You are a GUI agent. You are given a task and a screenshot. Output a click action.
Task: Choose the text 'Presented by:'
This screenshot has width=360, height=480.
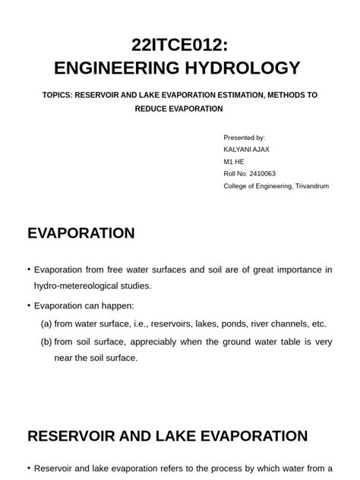coord(244,137)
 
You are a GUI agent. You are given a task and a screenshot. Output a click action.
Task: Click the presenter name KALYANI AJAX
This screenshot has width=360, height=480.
coord(246,150)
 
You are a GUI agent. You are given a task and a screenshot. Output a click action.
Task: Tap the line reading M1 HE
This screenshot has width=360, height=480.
coord(234,162)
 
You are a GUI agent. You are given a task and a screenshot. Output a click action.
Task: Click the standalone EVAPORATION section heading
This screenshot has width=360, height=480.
coord(81,233)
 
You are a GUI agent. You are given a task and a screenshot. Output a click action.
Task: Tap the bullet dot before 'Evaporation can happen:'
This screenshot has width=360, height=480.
coord(28,305)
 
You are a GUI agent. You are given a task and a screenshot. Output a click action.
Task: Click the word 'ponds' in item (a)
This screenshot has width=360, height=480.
coord(230,324)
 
